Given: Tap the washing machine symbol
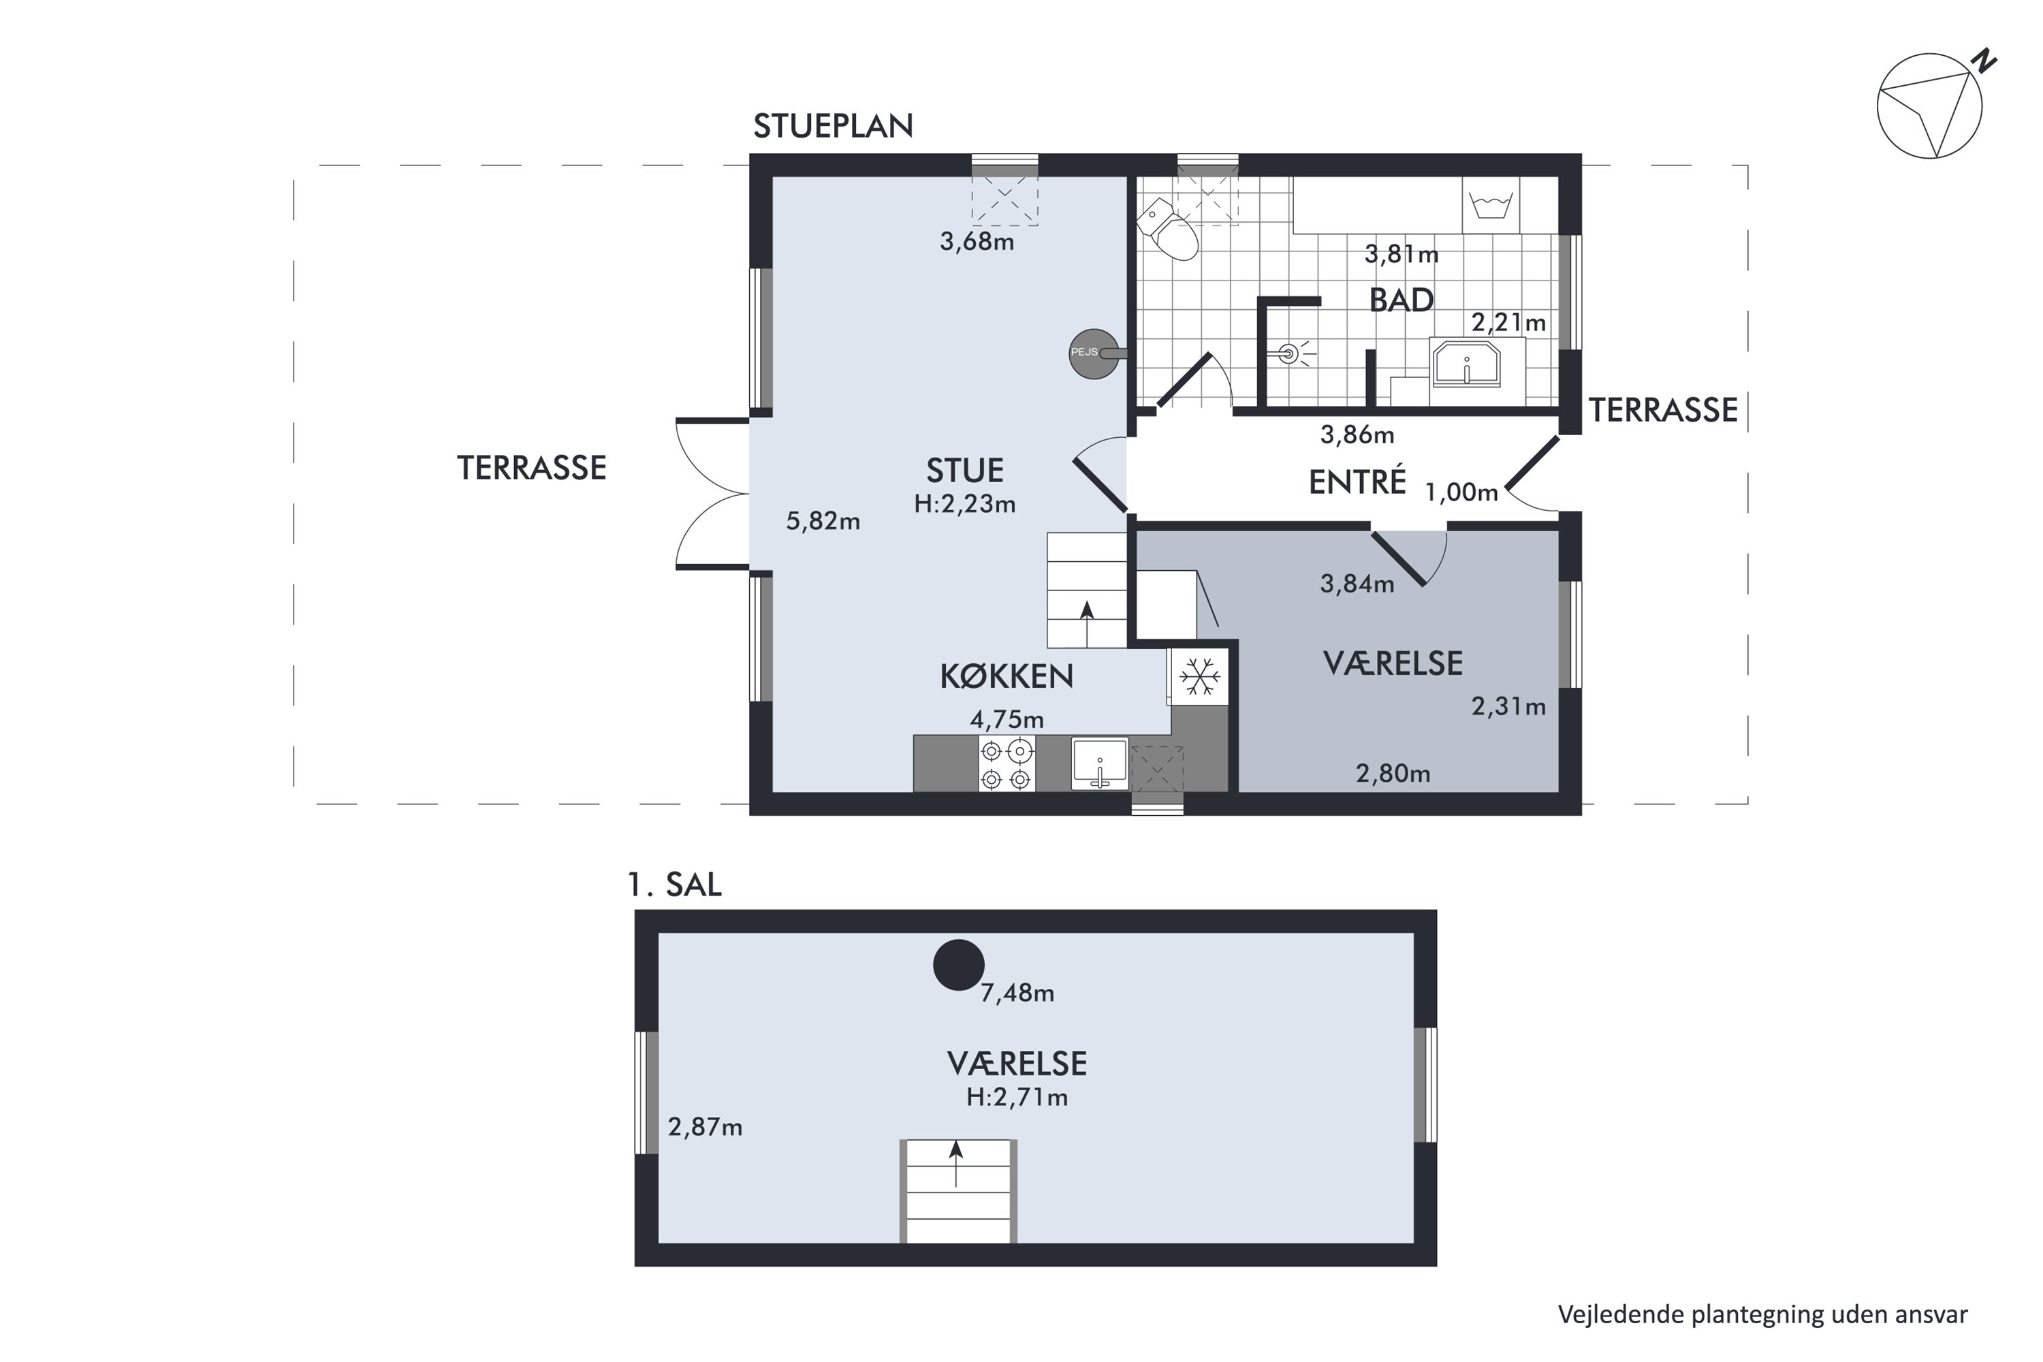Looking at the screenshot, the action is click(1491, 206).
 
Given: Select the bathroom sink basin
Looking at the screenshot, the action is click(1467, 363).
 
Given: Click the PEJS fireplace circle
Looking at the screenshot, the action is click(1094, 353).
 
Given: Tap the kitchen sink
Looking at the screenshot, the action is click(1100, 763).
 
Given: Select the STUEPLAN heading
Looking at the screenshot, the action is click(833, 127).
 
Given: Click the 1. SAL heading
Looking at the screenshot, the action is click(674, 885).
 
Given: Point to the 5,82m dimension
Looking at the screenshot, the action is click(823, 521).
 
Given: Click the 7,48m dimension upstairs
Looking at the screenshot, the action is click(1017, 993).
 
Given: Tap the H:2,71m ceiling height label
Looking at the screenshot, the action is click(1017, 1097).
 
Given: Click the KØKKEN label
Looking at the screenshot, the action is click(1007, 677).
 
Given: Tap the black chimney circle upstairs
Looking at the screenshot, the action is click(958, 965).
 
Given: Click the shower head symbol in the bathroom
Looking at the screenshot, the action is click(1289, 353).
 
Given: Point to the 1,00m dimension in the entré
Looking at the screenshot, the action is click(1462, 493).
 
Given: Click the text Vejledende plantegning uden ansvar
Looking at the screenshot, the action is click(1762, 1314).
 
